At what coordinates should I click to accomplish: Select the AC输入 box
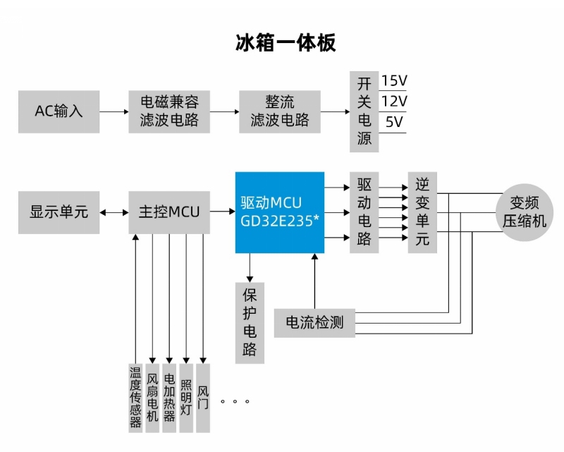[59, 111]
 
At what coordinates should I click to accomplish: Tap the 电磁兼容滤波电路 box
[169, 111]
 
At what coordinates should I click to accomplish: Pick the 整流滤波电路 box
[280, 111]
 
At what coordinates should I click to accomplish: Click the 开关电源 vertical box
[364, 111]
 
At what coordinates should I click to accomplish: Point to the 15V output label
[394, 80]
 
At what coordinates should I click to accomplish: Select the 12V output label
[394, 101]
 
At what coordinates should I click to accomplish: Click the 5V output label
[394, 122]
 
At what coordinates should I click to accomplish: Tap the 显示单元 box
[59, 212]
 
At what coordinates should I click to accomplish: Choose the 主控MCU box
[169, 212]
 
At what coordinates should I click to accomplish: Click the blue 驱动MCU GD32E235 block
[280, 212]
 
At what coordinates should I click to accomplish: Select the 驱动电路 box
[364, 212]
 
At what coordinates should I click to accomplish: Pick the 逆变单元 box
[422, 212]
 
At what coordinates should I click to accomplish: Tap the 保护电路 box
[250, 322]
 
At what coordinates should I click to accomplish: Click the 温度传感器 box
[135, 397]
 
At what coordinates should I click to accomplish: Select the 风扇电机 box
[152, 397]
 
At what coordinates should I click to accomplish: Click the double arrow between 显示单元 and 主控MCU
[109, 212]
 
